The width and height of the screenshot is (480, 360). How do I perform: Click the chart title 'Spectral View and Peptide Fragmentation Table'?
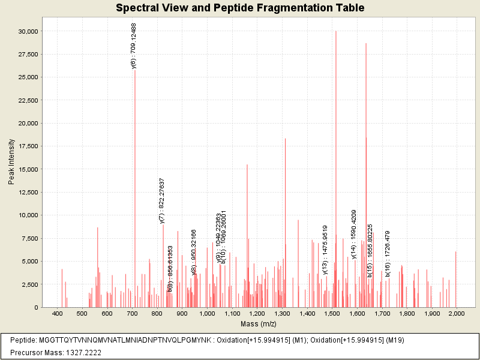tap(240, 8)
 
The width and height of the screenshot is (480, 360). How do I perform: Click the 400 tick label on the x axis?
tap(58, 314)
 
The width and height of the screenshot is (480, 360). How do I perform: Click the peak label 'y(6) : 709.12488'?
tap(134, 46)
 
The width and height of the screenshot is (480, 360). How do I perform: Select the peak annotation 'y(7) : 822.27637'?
tap(162, 201)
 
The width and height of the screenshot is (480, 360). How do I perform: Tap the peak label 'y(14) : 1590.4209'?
tap(354, 234)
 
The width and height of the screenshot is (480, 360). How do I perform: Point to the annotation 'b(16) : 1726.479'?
tap(388, 254)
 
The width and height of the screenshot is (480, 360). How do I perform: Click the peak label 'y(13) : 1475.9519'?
tap(325, 250)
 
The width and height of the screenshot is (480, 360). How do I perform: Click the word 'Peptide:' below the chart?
tap(23, 340)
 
